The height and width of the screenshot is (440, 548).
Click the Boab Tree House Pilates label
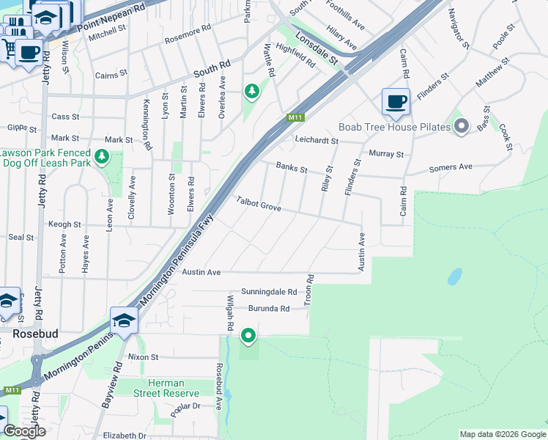click(x=394, y=127)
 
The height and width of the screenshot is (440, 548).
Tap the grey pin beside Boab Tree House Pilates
click(x=461, y=127)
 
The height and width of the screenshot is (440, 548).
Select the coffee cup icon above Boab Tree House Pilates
click(x=396, y=101)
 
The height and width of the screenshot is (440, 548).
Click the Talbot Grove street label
click(x=259, y=204)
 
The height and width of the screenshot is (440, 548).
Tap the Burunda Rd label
click(x=268, y=309)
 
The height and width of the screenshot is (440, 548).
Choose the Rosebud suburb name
click(x=34, y=333)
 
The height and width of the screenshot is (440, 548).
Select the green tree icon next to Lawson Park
click(x=102, y=156)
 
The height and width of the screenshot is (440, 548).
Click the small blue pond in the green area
click(x=454, y=276)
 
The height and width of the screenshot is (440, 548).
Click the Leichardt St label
click(x=316, y=140)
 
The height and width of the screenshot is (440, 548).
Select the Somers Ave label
click(x=451, y=167)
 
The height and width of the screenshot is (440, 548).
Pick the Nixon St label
click(x=143, y=357)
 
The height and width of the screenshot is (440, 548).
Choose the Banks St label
click(x=292, y=168)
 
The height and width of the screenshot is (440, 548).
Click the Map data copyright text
click(x=502, y=434)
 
